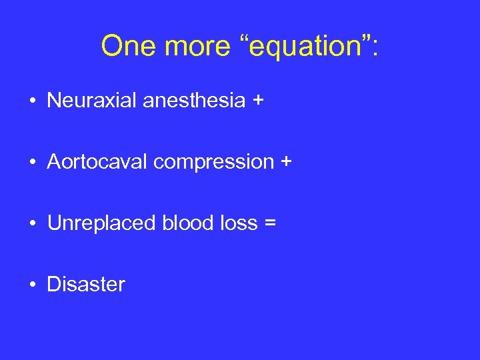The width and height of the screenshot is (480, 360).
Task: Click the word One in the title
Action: pyautogui.click(x=127, y=45)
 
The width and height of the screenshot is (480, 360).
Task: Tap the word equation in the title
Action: pyautogui.click(x=299, y=47)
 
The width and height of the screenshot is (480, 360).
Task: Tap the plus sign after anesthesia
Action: pyautogui.click(x=258, y=101)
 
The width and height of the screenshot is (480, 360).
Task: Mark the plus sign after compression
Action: pyautogui.click(x=286, y=163)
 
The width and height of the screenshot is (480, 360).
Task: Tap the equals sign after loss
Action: pyautogui.click(x=269, y=224)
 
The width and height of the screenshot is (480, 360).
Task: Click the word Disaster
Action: pyautogui.click(x=85, y=285)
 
